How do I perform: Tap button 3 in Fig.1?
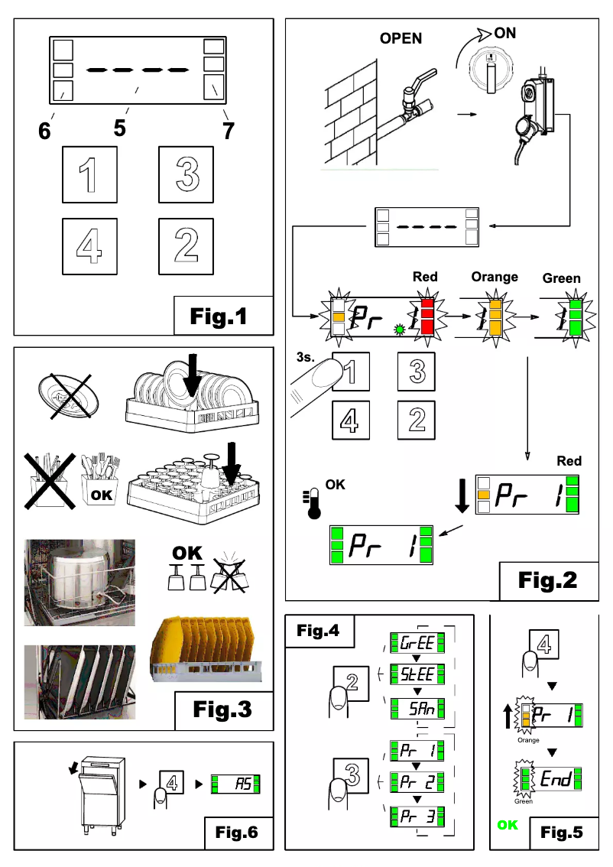click(186, 174)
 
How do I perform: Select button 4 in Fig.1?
click(90, 245)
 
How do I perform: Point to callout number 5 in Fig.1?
click(119, 128)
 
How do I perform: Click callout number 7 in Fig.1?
click(227, 129)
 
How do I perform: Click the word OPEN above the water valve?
click(401, 38)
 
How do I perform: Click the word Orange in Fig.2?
click(494, 277)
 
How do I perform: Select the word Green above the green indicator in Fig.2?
click(561, 278)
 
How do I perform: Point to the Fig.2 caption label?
click(547, 580)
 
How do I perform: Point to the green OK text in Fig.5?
click(508, 825)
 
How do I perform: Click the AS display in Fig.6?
click(236, 784)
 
